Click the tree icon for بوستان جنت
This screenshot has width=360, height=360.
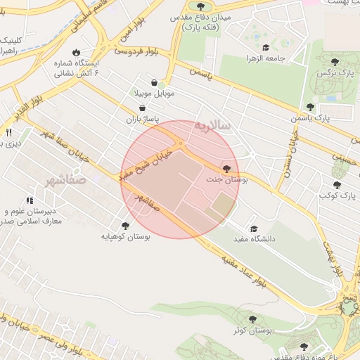coord(226,169)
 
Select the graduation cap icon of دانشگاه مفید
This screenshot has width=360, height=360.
coord(254,229)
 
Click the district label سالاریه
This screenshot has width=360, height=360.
coord(212,126)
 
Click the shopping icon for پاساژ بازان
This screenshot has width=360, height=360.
coord(144,109)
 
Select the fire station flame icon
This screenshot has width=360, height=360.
coord(86,53)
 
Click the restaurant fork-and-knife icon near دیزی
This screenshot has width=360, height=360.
coord(9,131)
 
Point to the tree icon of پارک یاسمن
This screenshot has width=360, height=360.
coord(310,107)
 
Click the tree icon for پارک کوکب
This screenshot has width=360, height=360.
coord(337,185)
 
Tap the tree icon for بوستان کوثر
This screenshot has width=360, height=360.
coord(252,319)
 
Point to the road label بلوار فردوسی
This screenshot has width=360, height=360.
coord(138,51)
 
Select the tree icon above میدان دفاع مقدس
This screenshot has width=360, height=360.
coord(201,6)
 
